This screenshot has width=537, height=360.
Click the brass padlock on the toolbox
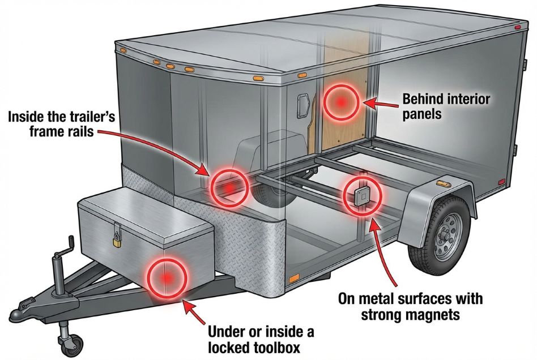pos(117,241)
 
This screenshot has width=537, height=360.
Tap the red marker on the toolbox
pos(167,277)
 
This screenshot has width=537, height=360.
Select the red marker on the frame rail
pos(229,187)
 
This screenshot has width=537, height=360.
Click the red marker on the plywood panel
pos(342,102)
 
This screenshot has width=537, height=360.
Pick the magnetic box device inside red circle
pos(361,196)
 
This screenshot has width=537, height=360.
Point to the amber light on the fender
pos(441,183)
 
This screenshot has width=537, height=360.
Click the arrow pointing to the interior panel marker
pos(380,102)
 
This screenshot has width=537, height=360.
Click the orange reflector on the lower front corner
pos(293,279)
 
